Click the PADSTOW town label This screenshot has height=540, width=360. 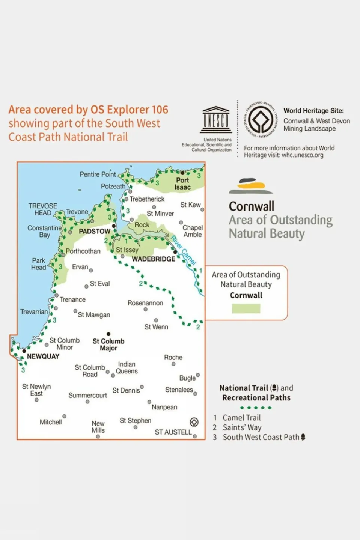click(x=95, y=231)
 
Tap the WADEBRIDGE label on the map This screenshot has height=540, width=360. click(x=153, y=259)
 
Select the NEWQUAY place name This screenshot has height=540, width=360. click(x=43, y=356)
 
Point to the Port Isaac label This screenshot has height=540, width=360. click(x=182, y=184)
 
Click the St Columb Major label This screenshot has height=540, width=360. click(x=108, y=344)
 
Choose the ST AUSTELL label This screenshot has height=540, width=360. click(x=173, y=432)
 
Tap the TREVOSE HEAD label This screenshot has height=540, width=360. click(x=43, y=209)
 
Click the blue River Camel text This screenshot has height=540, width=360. click(x=184, y=250)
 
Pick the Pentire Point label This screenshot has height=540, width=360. click(x=98, y=174)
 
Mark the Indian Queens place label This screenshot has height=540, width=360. click(x=127, y=368)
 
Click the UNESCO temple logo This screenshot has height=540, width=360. click(x=216, y=120)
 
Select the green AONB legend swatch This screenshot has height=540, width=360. click(x=246, y=308)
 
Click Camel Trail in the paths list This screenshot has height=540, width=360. click(x=241, y=418)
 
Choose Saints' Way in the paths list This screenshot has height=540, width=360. click(x=242, y=427)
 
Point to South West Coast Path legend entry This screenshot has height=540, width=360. click(x=261, y=437)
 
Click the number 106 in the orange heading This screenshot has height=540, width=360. click(x=160, y=110)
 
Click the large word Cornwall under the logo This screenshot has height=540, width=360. click(x=252, y=206)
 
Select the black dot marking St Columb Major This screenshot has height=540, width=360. click(x=108, y=334)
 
